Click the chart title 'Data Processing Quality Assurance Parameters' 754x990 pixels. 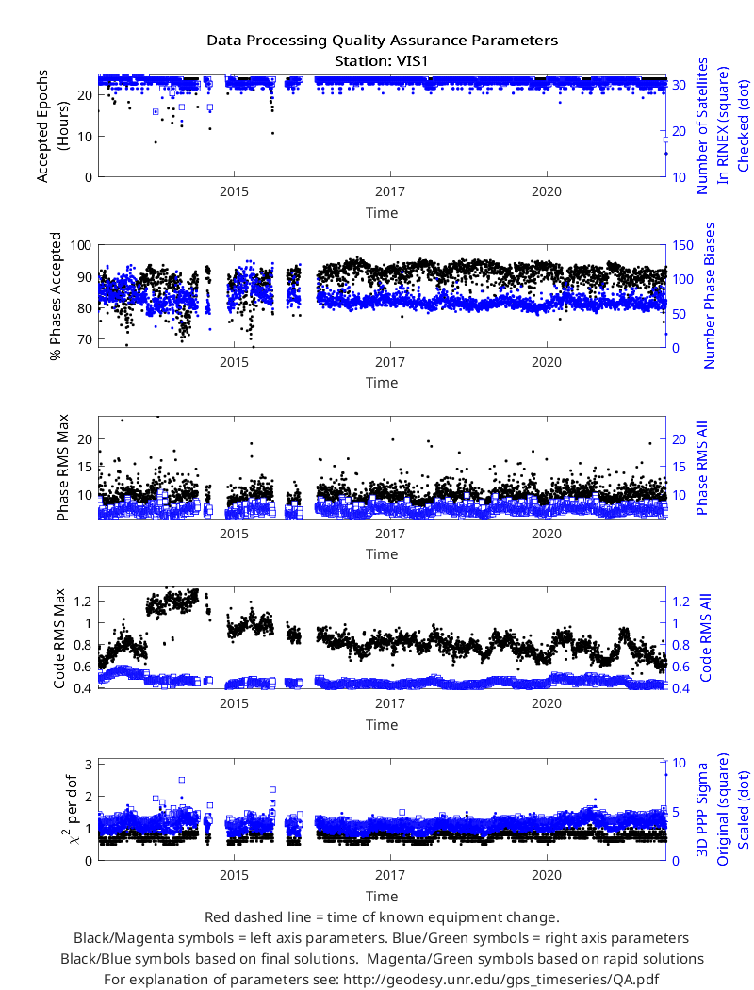click(382, 41)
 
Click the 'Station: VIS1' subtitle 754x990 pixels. click(382, 61)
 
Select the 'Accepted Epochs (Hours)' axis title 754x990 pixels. click(51, 126)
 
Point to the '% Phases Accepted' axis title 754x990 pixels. click(57, 296)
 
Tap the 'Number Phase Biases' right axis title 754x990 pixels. click(710, 295)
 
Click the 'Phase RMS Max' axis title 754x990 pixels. click(62, 468)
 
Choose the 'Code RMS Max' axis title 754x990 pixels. click(59, 638)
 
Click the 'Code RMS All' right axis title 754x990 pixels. click(705, 637)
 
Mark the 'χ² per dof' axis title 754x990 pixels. click(70, 811)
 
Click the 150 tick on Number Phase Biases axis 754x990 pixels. click(682, 245)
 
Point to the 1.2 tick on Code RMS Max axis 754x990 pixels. click(82, 602)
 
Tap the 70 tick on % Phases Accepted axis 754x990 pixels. click(85, 339)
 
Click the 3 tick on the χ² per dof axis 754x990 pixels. click(89, 765)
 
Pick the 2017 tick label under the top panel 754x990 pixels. click(390, 192)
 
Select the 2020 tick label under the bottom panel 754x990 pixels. click(547, 875)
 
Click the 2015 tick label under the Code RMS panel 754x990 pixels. click(234, 703)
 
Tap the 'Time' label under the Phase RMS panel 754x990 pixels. click(382, 554)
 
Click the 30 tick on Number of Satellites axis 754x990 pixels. click(679, 85)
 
